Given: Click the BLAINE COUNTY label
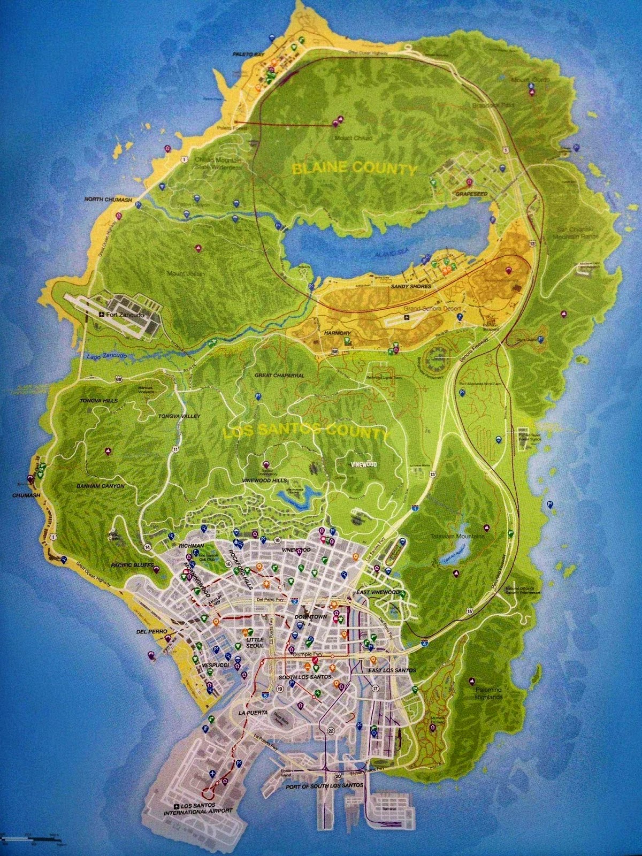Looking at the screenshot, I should (354, 169).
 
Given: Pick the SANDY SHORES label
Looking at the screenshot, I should (411, 287).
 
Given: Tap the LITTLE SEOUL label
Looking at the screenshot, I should (255, 642).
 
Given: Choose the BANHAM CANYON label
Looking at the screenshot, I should (101, 486).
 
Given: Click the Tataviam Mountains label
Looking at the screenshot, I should (458, 536).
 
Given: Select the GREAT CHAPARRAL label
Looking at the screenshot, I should (279, 376).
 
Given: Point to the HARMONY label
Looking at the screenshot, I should (337, 333).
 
